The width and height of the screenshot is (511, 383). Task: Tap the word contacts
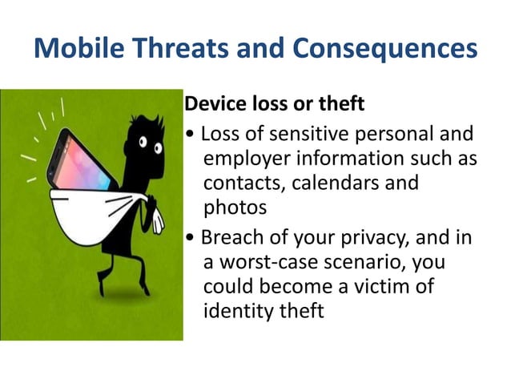(239, 183)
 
